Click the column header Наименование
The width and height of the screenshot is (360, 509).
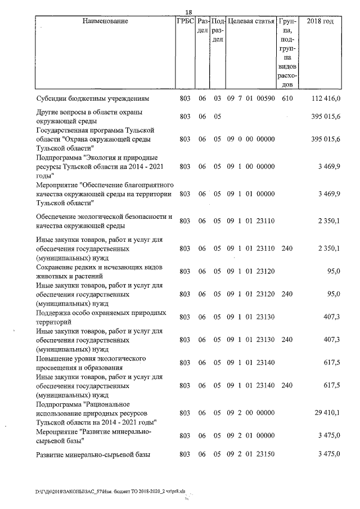(105, 22)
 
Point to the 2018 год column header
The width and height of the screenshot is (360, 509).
(320, 22)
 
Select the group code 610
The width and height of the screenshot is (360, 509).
(287, 98)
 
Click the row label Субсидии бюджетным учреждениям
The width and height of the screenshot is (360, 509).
(92, 98)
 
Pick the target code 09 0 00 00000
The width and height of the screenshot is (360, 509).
(250, 138)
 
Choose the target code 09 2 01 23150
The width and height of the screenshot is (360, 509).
(250, 454)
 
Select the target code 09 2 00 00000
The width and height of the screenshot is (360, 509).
(250, 413)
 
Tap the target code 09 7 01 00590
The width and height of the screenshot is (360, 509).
(250, 98)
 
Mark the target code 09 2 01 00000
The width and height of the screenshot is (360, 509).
(250, 435)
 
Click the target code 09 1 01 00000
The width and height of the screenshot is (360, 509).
(250, 193)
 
